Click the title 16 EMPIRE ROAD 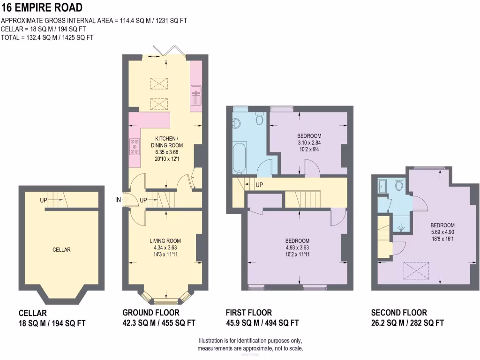click(x=42, y=7)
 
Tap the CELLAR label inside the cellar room click(x=61, y=249)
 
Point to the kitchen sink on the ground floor click(x=196, y=95)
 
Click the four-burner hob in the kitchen click(x=135, y=146)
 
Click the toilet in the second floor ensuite click(x=399, y=185)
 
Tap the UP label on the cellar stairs click(x=44, y=200)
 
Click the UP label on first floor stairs click(x=259, y=185)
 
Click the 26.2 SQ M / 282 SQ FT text click(x=407, y=322)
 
